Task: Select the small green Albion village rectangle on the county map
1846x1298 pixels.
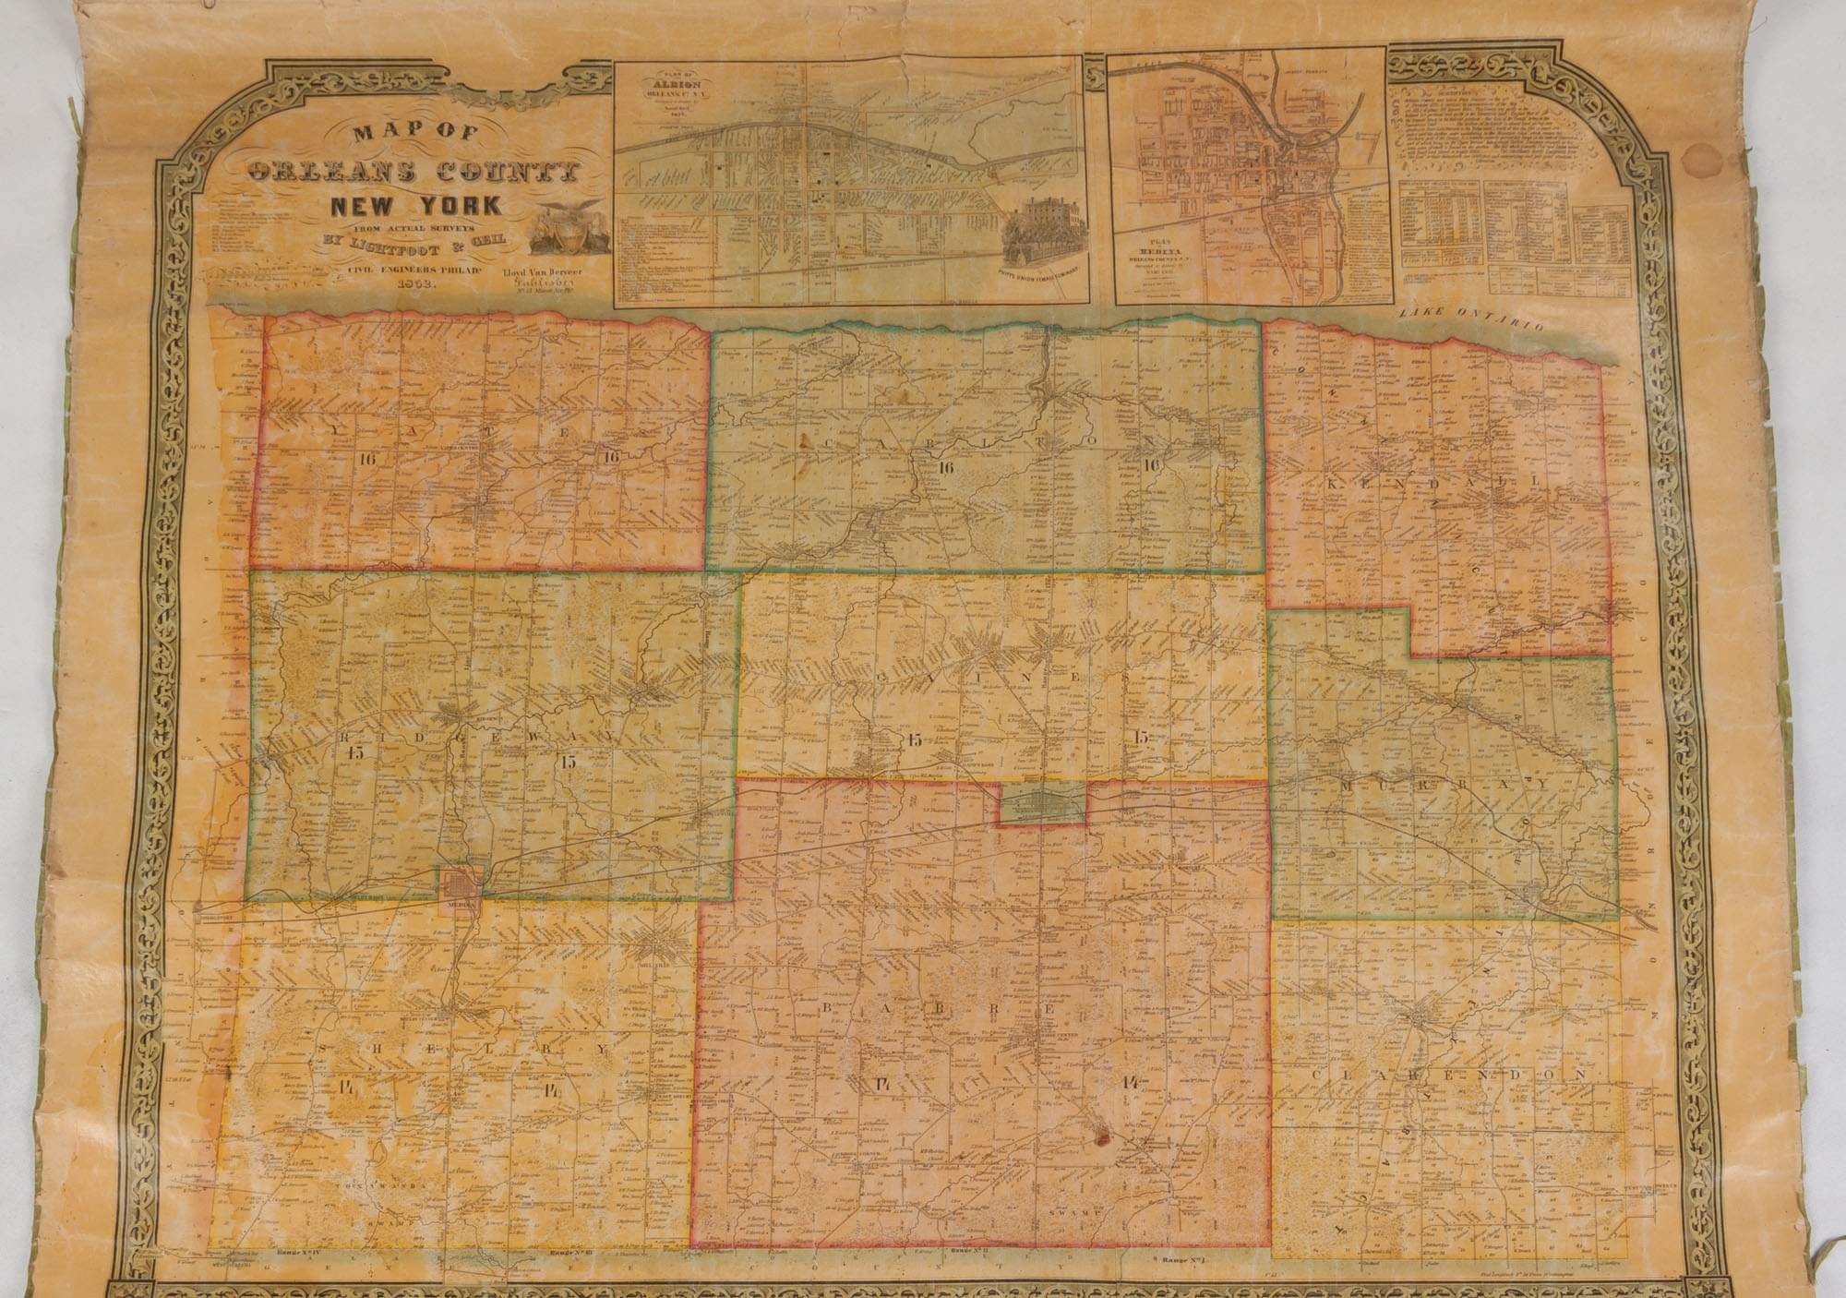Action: (x=1041, y=806)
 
